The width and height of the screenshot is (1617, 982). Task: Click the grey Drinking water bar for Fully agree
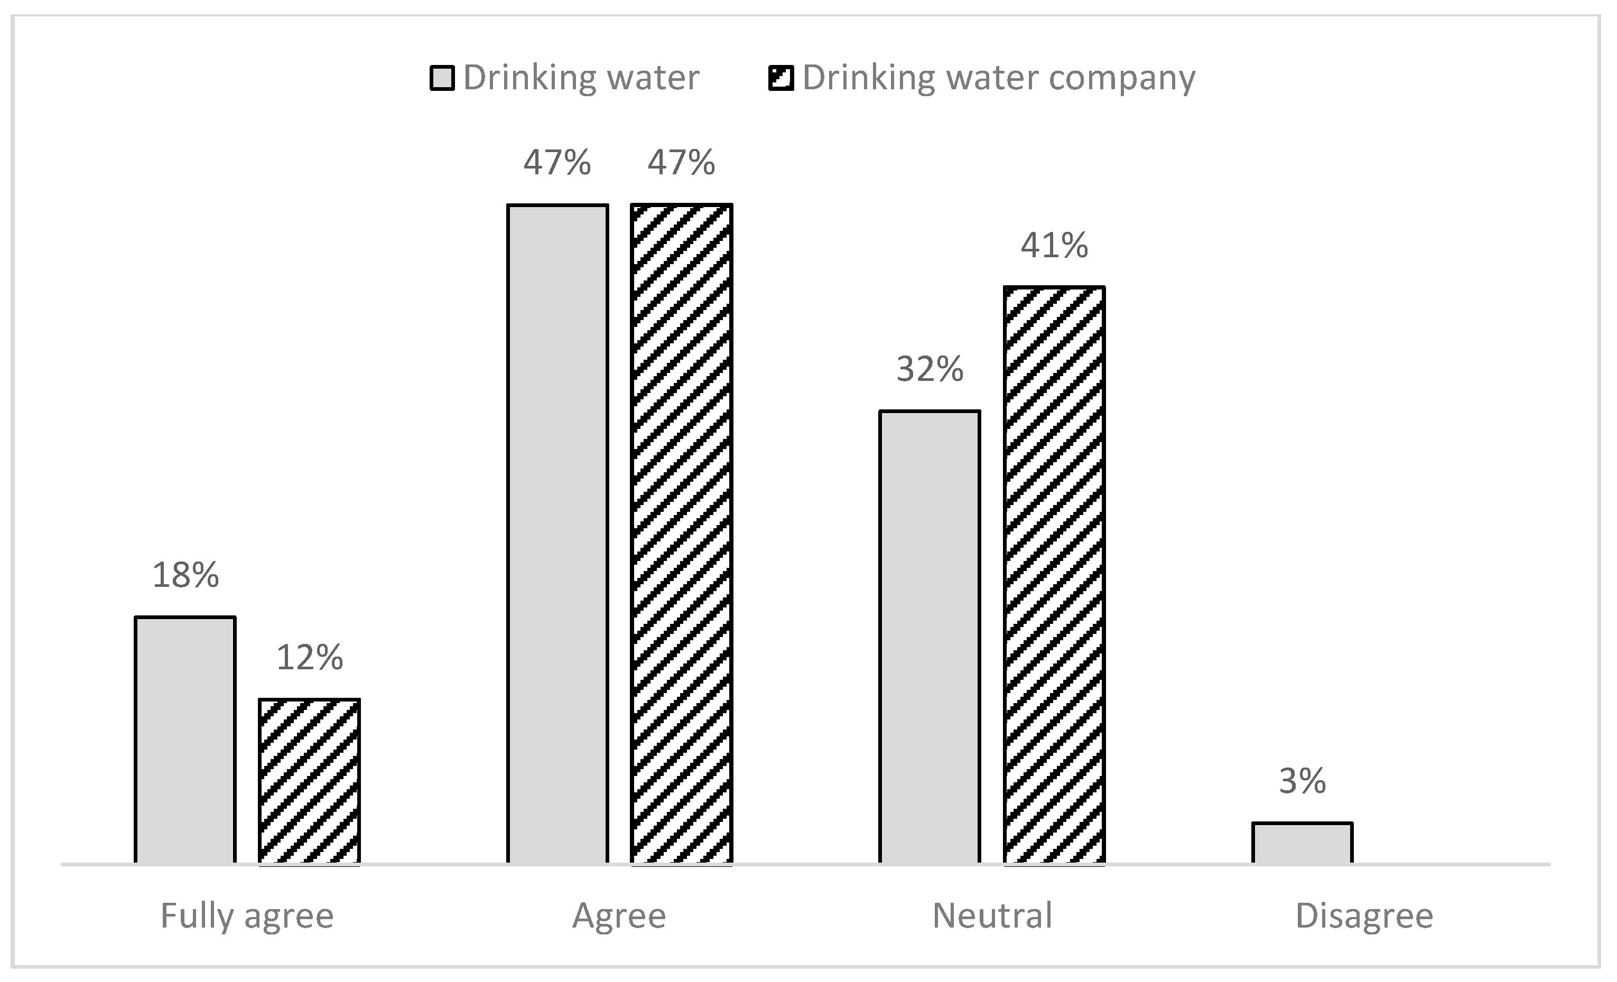185,740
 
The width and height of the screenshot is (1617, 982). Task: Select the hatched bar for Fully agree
309,781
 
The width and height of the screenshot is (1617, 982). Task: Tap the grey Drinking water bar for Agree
557,534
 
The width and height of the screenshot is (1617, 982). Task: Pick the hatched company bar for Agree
681,534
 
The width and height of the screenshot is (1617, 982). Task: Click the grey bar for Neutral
930,637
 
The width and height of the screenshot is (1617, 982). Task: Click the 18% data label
185,575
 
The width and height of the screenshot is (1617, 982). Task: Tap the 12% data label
309,657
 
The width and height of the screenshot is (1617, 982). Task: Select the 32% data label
930,369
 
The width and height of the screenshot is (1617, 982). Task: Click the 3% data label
1302,781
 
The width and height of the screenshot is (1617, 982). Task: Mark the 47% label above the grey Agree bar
557,163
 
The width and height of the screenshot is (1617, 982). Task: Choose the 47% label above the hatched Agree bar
681,163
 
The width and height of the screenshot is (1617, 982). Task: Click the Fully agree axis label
247,916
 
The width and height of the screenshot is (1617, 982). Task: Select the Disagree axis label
1364,916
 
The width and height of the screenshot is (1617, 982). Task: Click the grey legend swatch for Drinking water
442,78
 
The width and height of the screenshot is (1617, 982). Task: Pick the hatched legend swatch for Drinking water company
781,78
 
